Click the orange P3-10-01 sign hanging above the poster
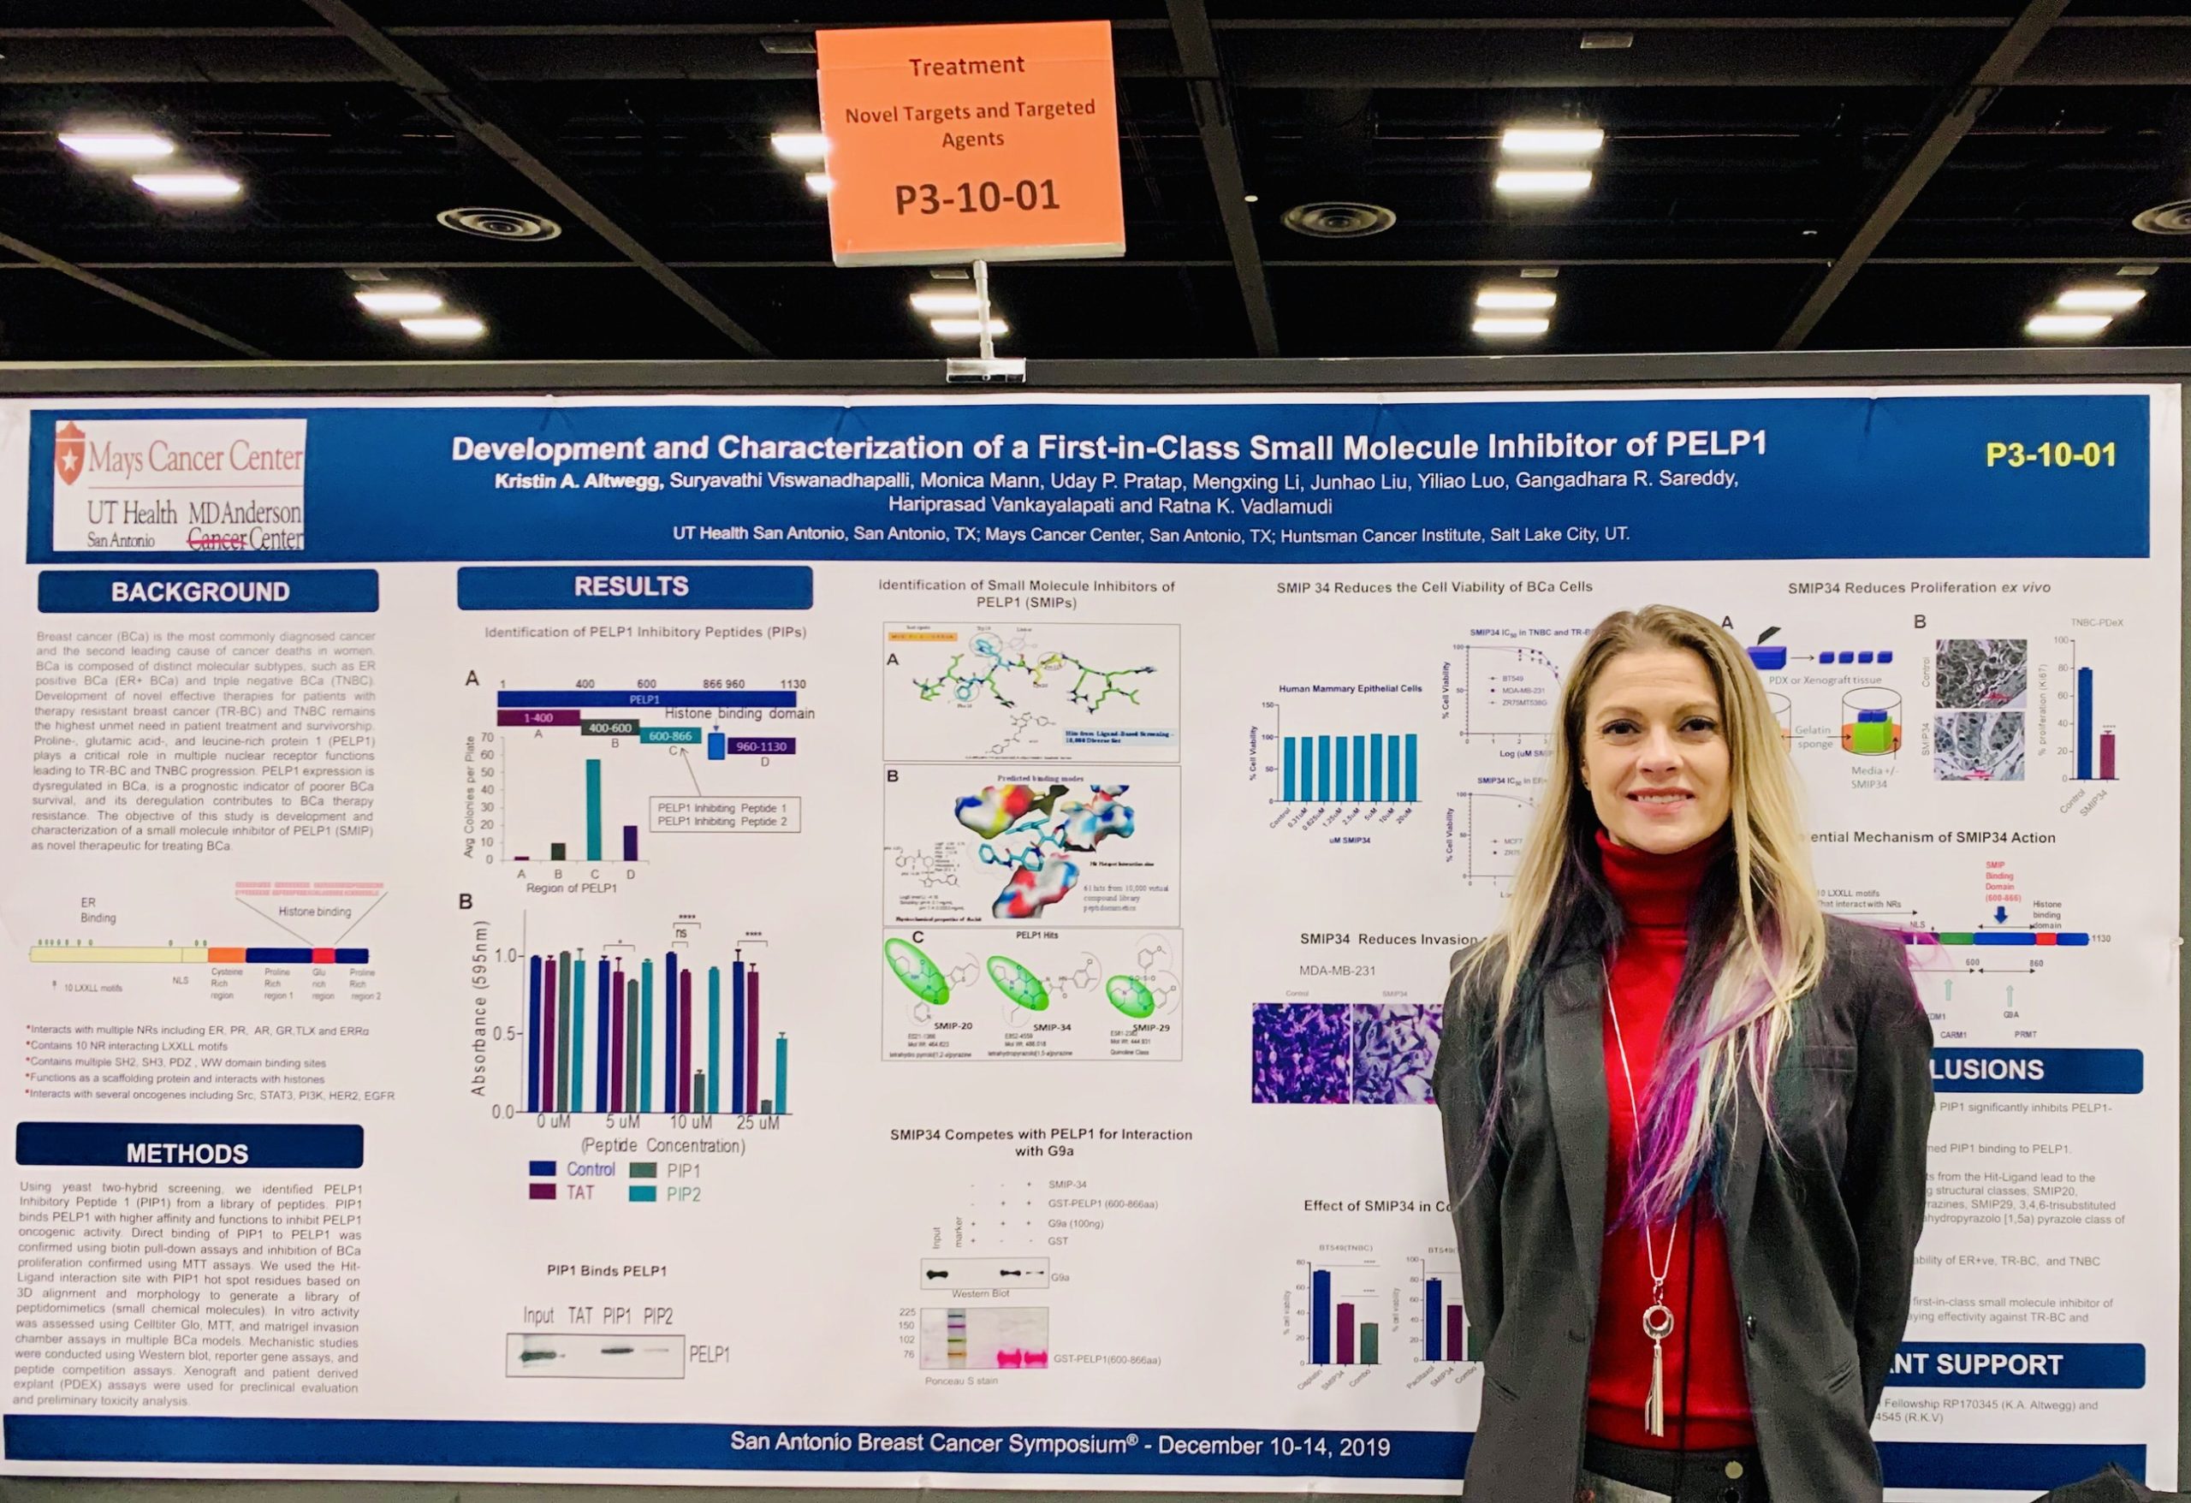click(971, 141)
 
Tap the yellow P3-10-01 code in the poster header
click(2051, 455)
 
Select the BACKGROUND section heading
click(201, 592)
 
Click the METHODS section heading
click(187, 1153)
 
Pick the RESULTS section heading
click(632, 586)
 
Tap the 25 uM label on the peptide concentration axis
click(758, 1123)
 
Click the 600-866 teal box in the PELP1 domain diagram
click(669, 735)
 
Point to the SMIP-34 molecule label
click(1051, 1027)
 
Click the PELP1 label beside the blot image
click(709, 1354)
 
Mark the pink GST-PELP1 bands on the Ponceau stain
click(1023, 1358)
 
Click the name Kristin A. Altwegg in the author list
click(579, 481)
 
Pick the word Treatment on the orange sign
click(966, 66)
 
